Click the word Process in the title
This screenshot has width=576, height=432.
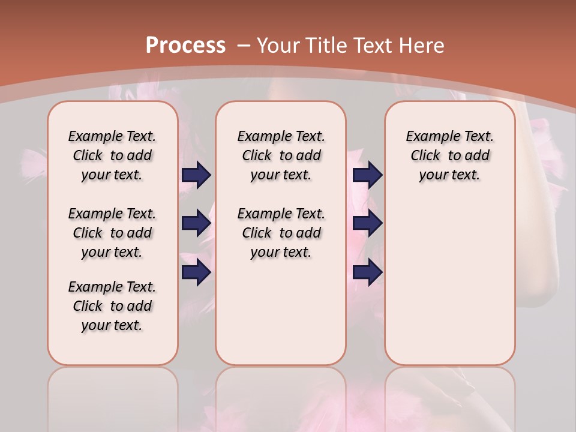coord(185,45)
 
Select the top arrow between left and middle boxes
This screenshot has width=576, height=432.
coord(196,175)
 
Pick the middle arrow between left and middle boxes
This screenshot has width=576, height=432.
coord(196,223)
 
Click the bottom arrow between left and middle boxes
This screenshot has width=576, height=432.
coord(196,272)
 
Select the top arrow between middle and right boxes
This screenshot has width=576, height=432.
coord(368,175)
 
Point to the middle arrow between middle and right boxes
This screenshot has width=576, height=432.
coord(368,223)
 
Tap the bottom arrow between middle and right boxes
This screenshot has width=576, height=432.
coord(368,272)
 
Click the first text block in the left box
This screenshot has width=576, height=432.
coord(112,155)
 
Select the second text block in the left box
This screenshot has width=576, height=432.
coord(112,233)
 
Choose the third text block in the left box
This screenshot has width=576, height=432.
coord(112,306)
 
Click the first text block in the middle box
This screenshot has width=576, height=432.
coord(281,155)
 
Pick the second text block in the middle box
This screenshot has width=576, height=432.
coord(281,233)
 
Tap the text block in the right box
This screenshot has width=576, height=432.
coord(449,155)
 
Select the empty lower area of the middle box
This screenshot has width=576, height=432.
coord(281,312)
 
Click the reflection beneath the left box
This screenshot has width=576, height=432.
coord(112,396)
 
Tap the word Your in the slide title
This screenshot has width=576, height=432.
coord(279,45)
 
